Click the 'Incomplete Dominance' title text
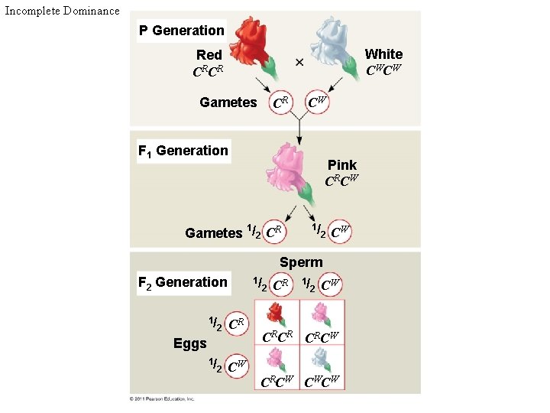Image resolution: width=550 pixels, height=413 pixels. [x=62, y=11]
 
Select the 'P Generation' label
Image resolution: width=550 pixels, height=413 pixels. [x=181, y=31]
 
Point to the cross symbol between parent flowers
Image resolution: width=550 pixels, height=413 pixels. [x=299, y=61]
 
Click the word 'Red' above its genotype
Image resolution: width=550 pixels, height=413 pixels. [x=209, y=55]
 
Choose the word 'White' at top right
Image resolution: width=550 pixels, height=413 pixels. [x=383, y=54]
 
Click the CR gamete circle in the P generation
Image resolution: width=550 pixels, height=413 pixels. [x=280, y=102]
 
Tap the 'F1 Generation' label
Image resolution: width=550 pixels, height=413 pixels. [x=183, y=151]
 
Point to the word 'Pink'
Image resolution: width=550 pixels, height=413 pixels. [x=342, y=165]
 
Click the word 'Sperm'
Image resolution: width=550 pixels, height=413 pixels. [x=301, y=262]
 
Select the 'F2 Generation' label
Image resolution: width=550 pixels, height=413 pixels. [x=183, y=282]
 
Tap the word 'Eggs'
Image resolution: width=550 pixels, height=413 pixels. [x=190, y=343]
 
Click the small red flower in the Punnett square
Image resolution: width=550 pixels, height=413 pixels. [x=276, y=314]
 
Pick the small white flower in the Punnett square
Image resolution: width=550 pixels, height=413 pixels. [x=322, y=357]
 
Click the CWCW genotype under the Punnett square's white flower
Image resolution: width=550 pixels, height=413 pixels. [x=322, y=381]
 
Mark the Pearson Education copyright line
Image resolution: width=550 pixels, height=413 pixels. [x=162, y=398]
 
